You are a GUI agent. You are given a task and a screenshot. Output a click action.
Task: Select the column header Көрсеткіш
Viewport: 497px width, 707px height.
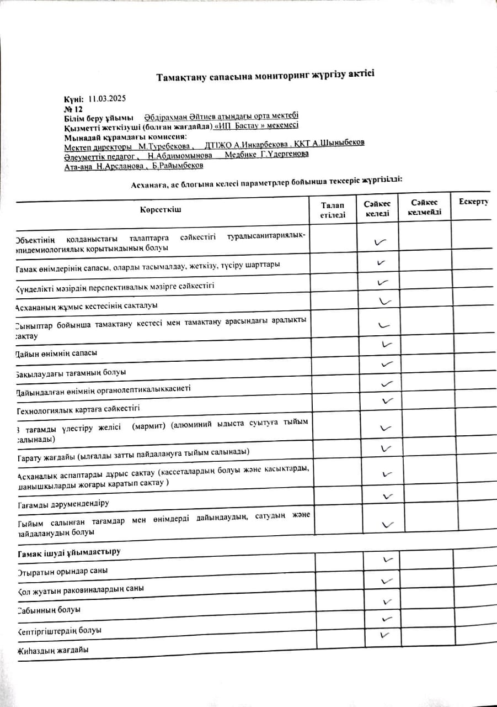[161, 209]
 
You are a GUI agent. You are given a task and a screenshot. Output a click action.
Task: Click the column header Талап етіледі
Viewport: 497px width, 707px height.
[333, 210]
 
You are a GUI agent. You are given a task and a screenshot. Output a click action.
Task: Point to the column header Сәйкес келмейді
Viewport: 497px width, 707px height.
[424, 208]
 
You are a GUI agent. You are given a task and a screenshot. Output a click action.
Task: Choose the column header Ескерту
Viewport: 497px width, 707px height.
[473, 201]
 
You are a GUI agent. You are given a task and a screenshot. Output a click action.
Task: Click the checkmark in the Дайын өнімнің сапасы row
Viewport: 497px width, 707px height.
[387, 344]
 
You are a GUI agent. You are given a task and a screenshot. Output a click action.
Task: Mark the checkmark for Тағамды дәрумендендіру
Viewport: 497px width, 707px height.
[387, 495]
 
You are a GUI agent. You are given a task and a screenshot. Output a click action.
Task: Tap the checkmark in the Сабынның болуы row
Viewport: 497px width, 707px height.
[387, 601]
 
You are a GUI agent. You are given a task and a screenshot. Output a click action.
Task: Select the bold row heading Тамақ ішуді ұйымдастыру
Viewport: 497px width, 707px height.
[68, 552]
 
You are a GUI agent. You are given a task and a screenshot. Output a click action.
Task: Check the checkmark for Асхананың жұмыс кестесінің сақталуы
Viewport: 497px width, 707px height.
[386, 301]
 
